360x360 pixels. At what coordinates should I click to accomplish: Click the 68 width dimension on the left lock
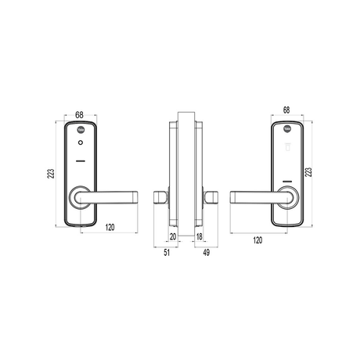(x=80, y=115)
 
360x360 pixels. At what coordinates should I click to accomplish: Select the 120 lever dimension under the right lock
(x=257, y=241)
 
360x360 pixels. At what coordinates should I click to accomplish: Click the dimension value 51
(x=167, y=253)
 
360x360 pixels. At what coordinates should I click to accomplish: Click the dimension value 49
(x=204, y=253)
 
